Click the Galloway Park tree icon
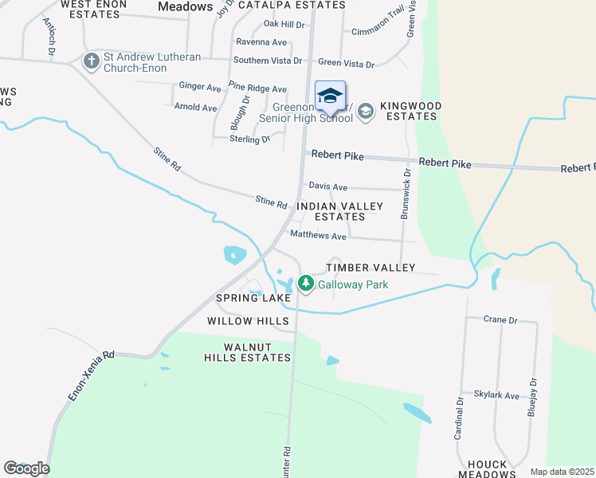click(305, 283)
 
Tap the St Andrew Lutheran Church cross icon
click(92, 61)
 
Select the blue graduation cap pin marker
click(330, 98)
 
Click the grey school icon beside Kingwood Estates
click(366, 111)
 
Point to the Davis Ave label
click(328, 187)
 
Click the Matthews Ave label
click(318, 236)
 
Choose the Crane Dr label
click(500, 319)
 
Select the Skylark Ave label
click(496, 396)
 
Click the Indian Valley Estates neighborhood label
click(339, 211)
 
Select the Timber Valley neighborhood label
click(371, 268)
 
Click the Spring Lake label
click(253, 298)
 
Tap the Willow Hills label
click(248, 321)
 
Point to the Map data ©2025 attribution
click(562, 472)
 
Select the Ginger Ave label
click(200, 86)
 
